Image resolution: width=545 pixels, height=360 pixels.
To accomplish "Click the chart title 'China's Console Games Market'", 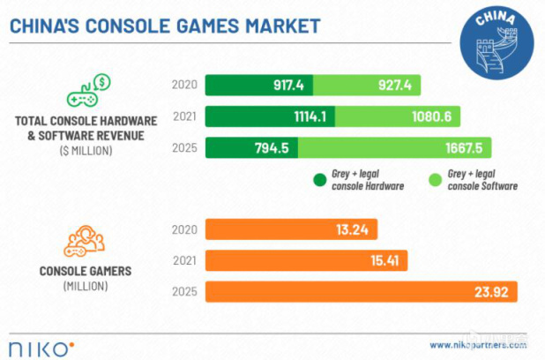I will tap(164, 25).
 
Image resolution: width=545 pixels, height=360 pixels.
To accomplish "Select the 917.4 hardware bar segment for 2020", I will tap(259, 86).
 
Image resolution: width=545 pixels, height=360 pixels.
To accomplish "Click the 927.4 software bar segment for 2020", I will tap(367, 86).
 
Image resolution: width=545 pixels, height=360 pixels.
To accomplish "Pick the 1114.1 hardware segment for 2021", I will tap(272, 116).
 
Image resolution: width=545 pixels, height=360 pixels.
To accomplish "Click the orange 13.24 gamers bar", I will tap(291, 229).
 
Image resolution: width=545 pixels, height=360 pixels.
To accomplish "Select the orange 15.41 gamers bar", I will tap(303, 260).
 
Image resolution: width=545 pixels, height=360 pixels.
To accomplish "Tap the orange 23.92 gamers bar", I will tap(361, 291).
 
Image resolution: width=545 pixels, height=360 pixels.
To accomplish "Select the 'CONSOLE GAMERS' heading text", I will tap(85, 271).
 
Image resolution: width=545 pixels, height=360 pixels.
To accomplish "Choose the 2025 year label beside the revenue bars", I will tap(185, 147).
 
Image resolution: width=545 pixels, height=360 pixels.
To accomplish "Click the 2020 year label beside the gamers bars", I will tap(185, 229).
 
